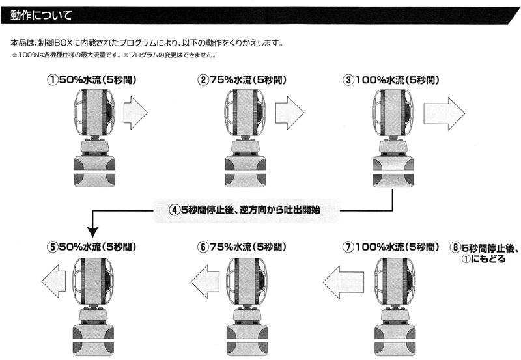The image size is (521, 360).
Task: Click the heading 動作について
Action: click(41, 15)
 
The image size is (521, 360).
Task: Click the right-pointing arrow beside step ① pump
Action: click(135, 113)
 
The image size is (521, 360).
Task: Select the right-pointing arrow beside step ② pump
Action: click(289, 113)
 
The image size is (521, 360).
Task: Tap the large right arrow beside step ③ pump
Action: click(444, 113)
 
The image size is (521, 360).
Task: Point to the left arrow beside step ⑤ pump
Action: click(54, 281)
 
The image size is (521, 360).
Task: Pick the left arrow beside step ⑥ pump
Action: click(205, 282)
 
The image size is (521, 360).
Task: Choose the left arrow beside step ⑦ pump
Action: click(343, 282)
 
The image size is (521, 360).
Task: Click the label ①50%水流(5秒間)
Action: click(92, 80)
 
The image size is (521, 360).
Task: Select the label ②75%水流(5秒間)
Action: click(242, 80)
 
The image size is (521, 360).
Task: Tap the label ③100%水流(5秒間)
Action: click(391, 80)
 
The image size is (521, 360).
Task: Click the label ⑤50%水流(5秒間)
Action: click(92, 247)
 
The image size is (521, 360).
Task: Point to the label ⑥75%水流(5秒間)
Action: click(242, 247)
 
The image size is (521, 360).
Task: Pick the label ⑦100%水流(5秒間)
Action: click(391, 247)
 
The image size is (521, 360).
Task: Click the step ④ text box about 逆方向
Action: click(246, 210)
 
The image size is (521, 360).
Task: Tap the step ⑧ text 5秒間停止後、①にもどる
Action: click(484, 253)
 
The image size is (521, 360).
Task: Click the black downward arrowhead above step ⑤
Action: click(93, 232)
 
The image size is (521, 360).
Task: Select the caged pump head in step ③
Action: click(392, 113)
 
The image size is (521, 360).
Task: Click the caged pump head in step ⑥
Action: click(247, 282)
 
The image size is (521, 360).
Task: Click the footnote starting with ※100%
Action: click(113, 55)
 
